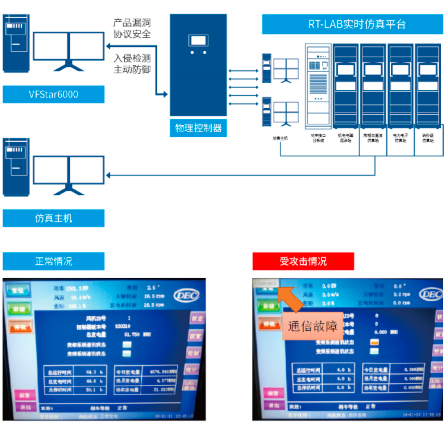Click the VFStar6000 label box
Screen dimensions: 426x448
pos(54,94)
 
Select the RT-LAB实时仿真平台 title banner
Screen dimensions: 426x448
pos(353,24)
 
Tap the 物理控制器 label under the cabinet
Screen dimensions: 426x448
pos(198,128)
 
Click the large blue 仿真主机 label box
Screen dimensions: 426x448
pos(54,218)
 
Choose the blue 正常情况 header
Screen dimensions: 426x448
pos(54,261)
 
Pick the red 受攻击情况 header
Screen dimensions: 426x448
pos(303,261)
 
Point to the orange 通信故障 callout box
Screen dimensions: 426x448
pos(312,326)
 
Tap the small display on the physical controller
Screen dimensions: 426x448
pos(198,41)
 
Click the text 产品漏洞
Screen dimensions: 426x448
pos(132,23)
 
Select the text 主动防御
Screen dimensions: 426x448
pos(132,69)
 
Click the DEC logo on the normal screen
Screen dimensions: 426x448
pos(186,295)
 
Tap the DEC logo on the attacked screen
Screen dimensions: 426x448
pos(431,294)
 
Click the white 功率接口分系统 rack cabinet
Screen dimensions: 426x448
pos(318,85)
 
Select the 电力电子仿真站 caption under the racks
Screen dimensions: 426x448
pos(401,138)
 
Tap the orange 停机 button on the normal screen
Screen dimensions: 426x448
pos(20,327)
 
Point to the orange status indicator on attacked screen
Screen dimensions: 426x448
pos(374,342)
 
